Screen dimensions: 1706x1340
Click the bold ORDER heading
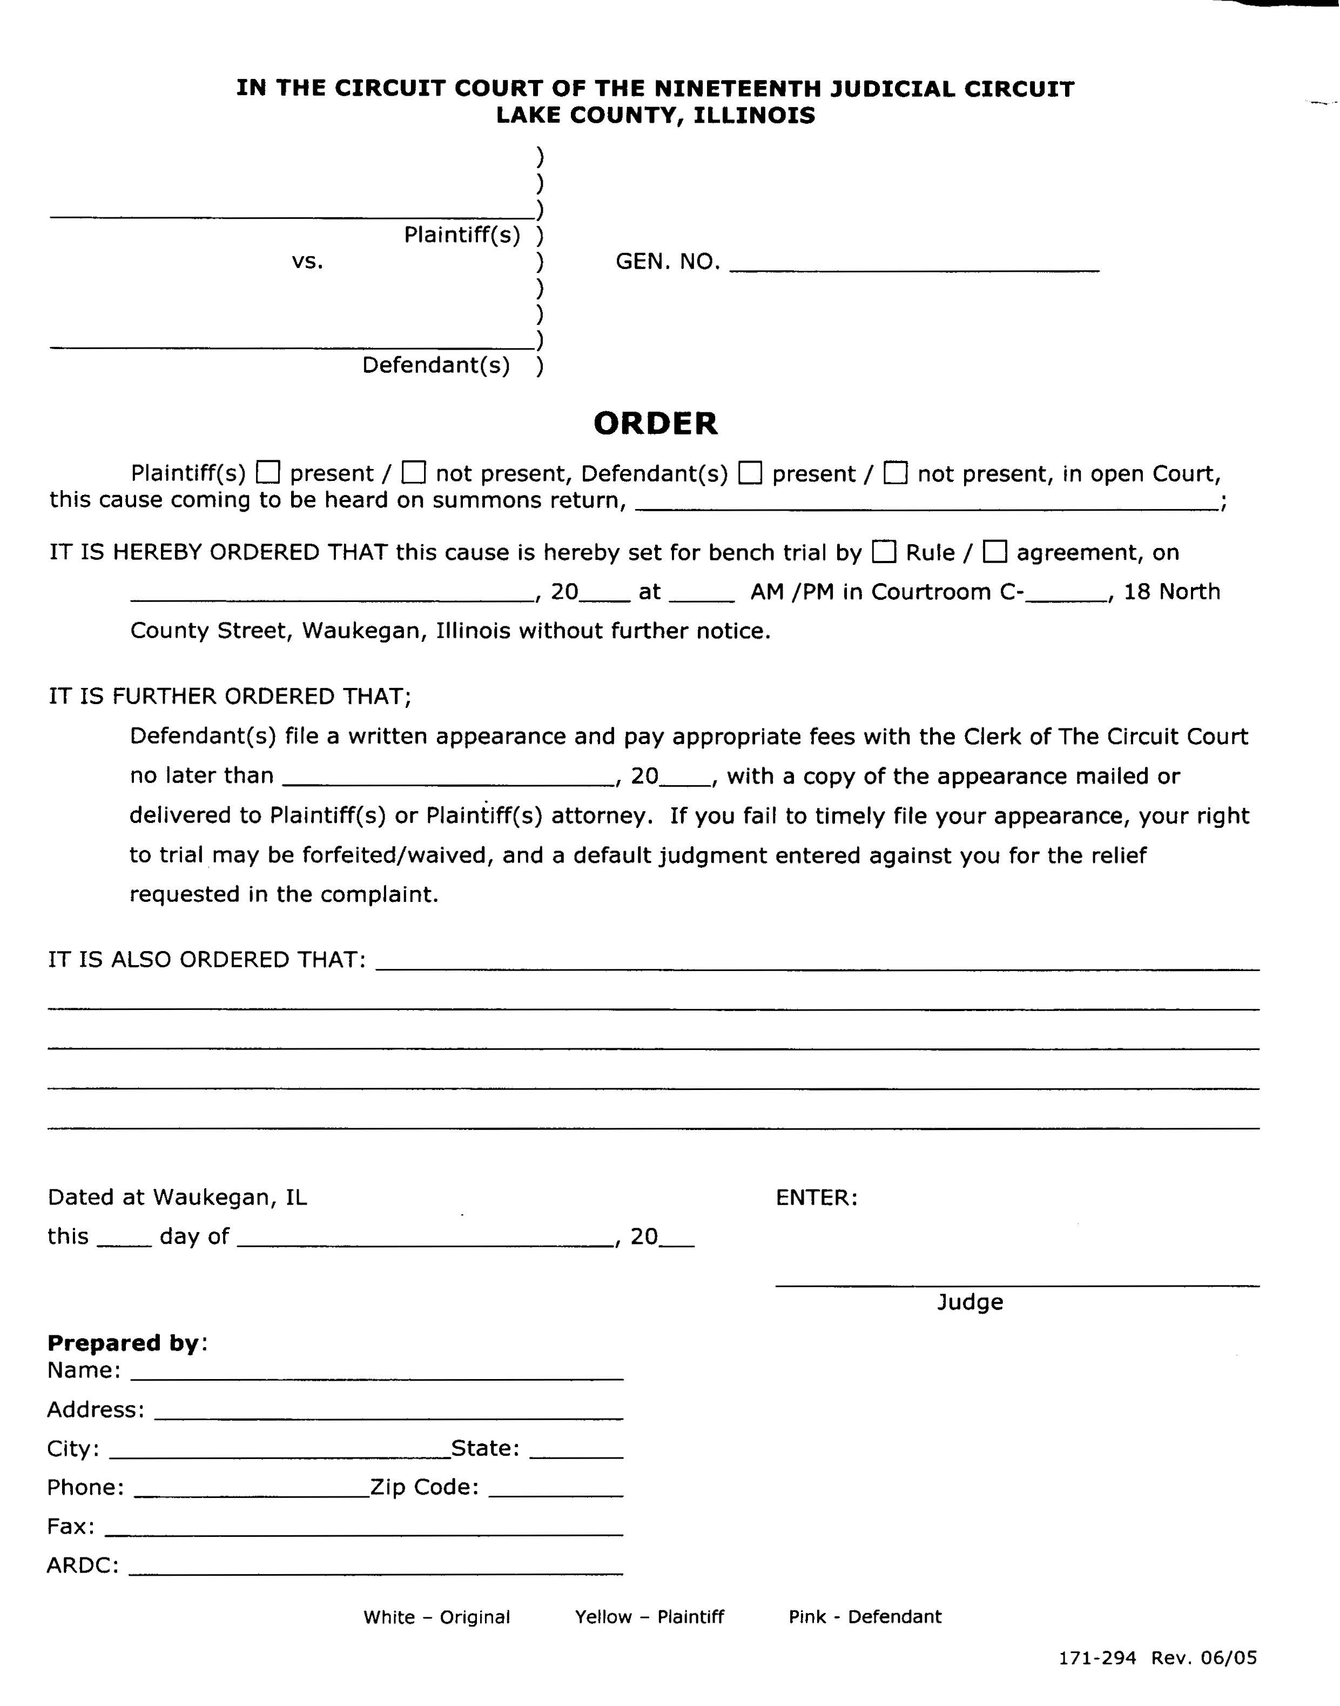click(655, 424)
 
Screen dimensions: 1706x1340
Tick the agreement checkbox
click(995, 552)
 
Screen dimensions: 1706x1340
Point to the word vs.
click(307, 262)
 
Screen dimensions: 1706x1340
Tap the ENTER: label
click(817, 1197)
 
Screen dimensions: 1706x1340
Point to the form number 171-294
click(1097, 1657)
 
